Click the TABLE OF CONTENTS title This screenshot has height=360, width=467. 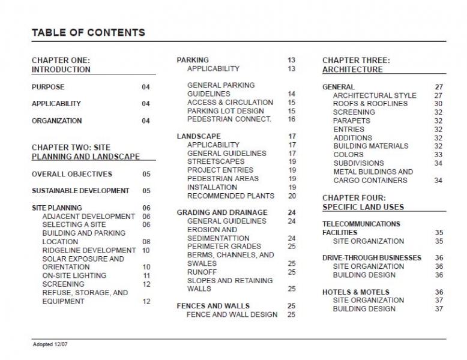(x=88, y=32)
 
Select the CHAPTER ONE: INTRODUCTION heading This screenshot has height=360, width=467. (x=61, y=65)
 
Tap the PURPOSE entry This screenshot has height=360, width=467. (x=48, y=87)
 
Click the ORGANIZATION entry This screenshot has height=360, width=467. (x=57, y=121)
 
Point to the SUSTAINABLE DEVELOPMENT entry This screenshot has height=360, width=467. (x=80, y=191)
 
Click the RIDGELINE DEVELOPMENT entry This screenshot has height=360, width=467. (x=89, y=250)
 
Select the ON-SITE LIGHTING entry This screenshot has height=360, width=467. (x=74, y=276)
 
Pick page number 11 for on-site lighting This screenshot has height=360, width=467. (x=146, y=276)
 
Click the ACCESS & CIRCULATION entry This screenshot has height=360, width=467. (x=230, y=103)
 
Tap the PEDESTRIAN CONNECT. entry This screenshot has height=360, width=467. (x=229, y=119)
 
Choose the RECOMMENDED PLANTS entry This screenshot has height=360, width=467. (x=230, y=196)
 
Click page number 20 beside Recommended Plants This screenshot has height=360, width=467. (x=292, y=196)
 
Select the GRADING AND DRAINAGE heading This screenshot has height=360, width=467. (x=222, y=213)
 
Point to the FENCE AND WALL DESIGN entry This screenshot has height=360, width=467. (x=232, y=314)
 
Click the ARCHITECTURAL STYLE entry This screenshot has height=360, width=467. (x=375, y=95)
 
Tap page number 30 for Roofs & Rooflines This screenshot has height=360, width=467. (x=438, y=104)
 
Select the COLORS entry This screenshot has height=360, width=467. (x=348, y=154)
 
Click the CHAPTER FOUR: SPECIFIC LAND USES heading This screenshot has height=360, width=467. (x=363, y=202)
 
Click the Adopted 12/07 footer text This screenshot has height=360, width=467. (x=52, y=346)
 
